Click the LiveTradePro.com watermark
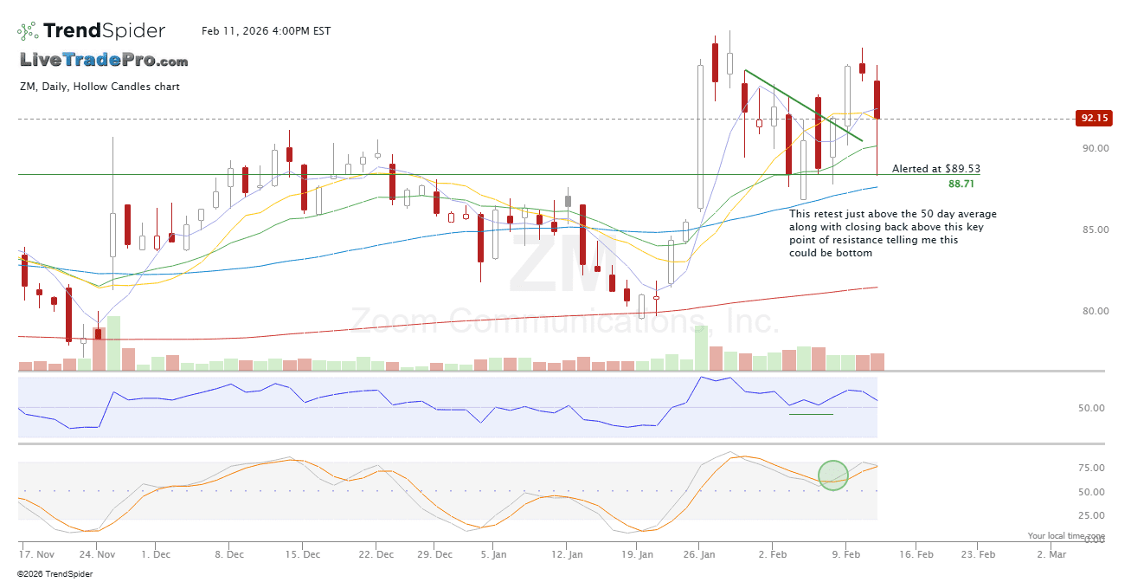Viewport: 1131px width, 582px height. pos(104,61)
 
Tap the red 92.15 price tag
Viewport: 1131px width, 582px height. pos(1094,118)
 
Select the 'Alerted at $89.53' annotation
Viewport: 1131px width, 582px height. pos(936,169)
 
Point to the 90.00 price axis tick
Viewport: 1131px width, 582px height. pos(1094,148)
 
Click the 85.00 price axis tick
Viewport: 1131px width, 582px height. pos(1094,230)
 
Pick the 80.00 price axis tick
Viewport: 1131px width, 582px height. pos(1094,312)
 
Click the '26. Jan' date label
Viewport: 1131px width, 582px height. pos(702,554)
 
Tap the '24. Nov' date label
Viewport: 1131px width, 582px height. pos(98,554)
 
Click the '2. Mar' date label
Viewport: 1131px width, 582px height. pos(1051,554)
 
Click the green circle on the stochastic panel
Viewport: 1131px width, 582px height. pos(833,475)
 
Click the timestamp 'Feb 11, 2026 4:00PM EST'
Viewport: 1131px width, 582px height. pos(267,31)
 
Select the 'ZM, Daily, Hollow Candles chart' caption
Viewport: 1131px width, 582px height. pos(100,87)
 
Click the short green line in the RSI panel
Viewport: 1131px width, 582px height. pos(811,414)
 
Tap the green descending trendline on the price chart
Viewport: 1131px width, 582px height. pos(803,105)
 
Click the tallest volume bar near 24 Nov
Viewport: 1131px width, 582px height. pos(112,343)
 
